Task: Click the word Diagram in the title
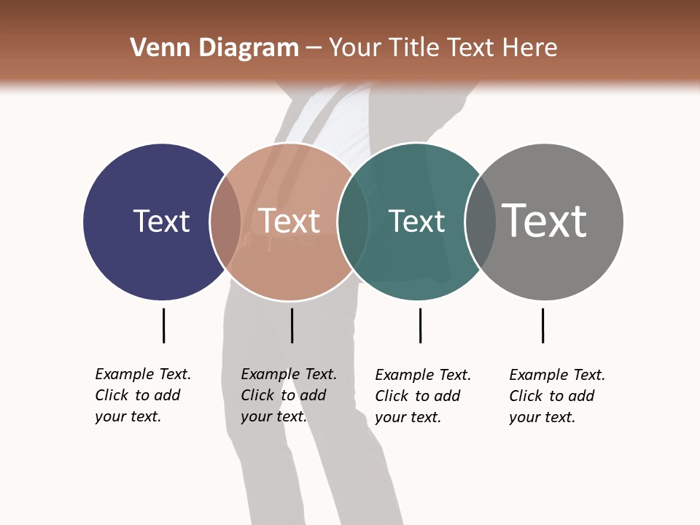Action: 249,48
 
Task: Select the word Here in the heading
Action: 529,48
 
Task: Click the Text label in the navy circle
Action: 161,221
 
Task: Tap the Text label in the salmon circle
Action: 289,221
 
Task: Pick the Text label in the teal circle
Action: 416,221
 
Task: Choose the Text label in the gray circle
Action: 545,220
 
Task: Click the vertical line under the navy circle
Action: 163,325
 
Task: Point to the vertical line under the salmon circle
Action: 292,325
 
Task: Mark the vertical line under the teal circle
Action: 420,325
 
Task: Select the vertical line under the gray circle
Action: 542,325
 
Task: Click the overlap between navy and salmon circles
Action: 225,221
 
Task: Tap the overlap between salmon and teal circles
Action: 353,221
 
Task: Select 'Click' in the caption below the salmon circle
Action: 257,395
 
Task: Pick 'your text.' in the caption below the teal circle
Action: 408,417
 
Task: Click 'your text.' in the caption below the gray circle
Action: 542,417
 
